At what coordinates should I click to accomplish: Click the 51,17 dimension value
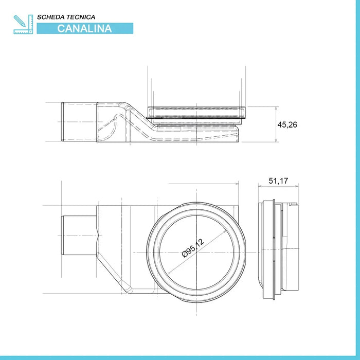tap(279, 181)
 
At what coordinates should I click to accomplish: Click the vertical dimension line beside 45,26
tap(277, 125)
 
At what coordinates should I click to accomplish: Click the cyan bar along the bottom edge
tap(180, 357)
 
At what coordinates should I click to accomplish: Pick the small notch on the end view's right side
tap(294, 206)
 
